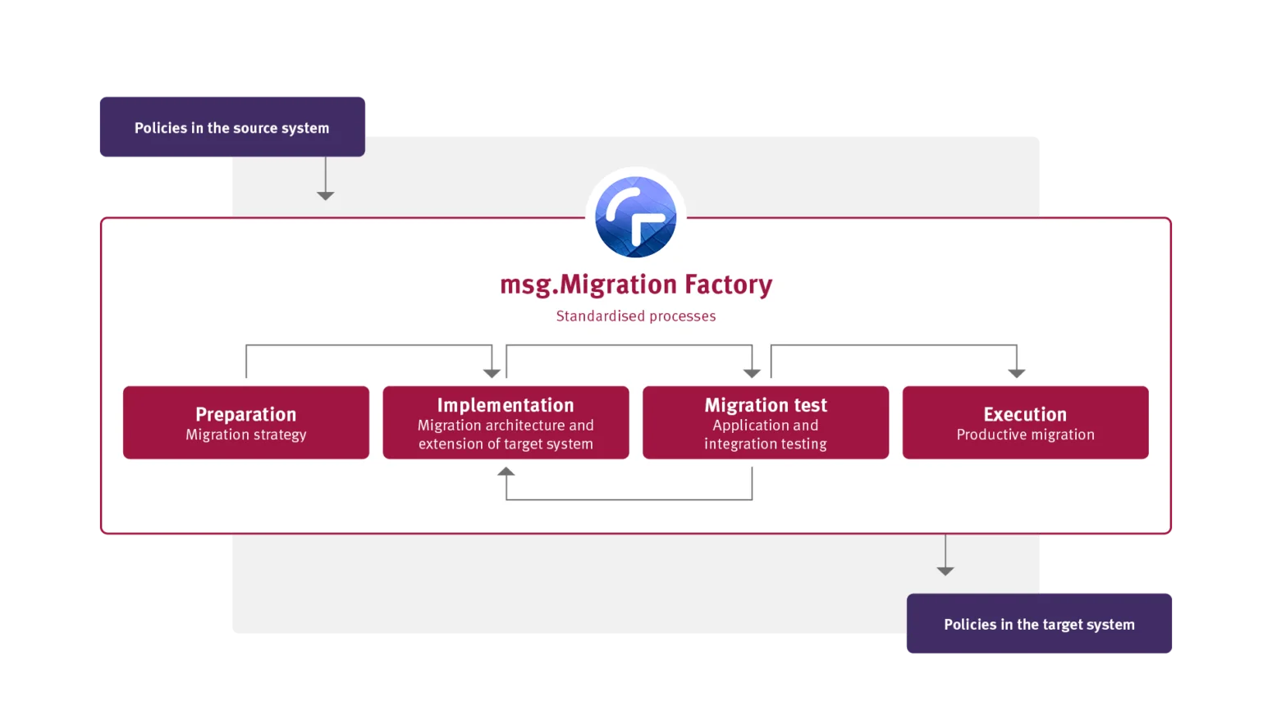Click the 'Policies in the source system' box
(x=232, y=126)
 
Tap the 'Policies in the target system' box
(x=1039, y=623)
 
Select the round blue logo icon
(x=635, y=216)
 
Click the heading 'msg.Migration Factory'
(x=636, y=285)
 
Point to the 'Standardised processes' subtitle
(x=636, y=316)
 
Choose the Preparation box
(x=246, y=422)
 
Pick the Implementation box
(x=506, y=422)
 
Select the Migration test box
(x=766, y=422)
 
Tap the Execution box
(x=1026, y=422)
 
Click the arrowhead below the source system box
(x=325, y=196)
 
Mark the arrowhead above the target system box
(x=945, y=571)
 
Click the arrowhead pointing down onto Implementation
(x=492, y=373)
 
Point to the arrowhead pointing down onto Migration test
(x=752, y=373)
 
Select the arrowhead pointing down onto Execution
(x=1017, y=373)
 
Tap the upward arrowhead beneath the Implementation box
(x=506, y=471)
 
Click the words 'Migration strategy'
(x=246, y=435)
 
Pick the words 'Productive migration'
(x=1026, y=435)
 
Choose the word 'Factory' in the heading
(x=728, y=285)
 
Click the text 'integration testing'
(x=766, y=444)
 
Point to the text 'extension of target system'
(x=506, y=444)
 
